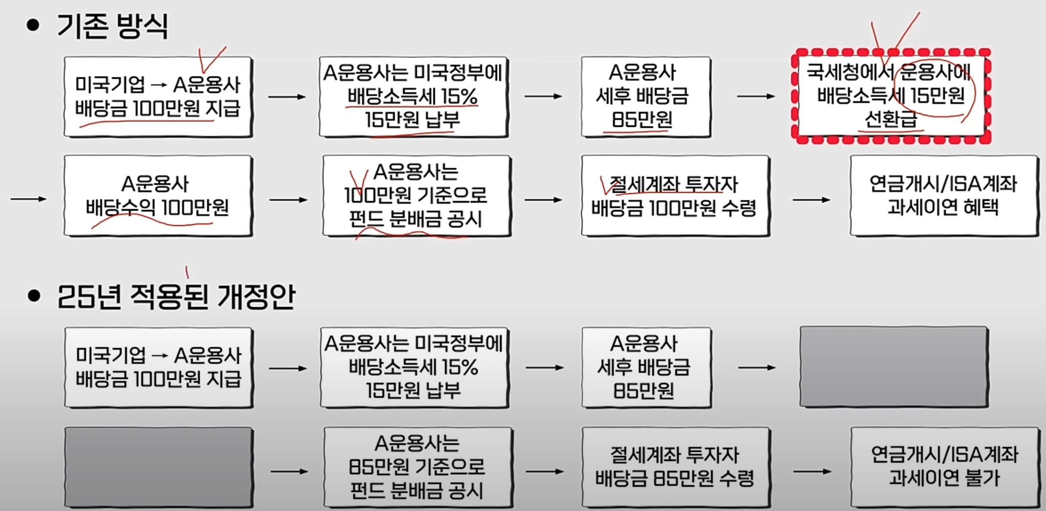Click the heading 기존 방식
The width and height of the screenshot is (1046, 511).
point(112,26)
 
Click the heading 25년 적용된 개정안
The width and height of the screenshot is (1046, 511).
point(176,297)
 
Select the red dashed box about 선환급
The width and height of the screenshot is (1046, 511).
point(891,96)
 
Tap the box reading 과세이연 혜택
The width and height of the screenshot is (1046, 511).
point(943,196)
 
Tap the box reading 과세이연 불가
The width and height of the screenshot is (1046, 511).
point(944,466)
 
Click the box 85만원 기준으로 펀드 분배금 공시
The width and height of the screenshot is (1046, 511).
point(417,466)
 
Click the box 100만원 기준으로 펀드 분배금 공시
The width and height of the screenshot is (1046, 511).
point(416,196)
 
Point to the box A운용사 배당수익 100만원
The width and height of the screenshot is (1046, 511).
point(157,196)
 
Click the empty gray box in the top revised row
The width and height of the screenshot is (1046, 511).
point(894,367)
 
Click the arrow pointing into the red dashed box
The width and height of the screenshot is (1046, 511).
point(756,96)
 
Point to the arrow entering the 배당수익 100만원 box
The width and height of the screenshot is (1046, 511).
point(28,199)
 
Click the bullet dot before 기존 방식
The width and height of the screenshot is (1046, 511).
point(33,25)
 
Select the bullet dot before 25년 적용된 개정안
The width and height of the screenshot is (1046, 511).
point(34,296)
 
